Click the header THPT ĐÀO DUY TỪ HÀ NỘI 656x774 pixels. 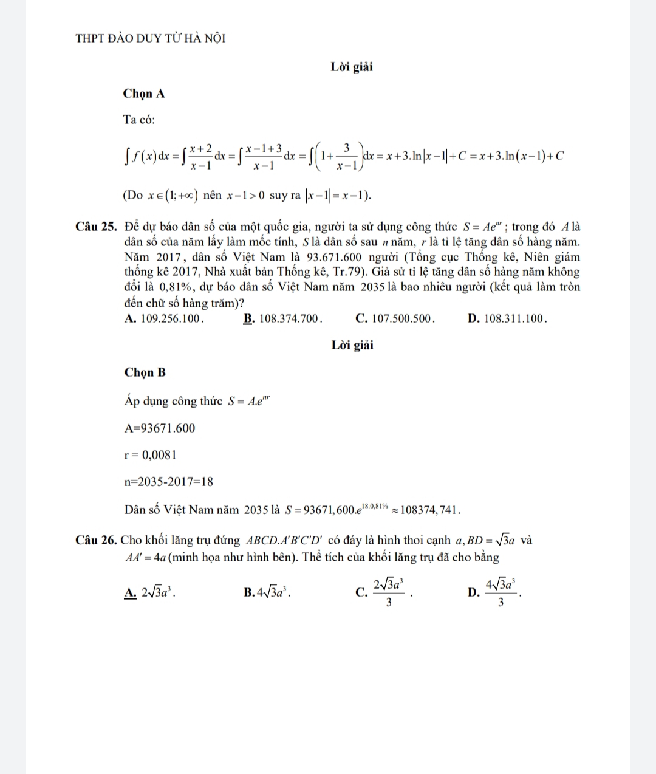[151, 38]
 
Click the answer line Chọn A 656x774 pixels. [144, 94]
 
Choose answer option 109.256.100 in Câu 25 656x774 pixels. [164, 318]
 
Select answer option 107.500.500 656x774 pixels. [395, 318]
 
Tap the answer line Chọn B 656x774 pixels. [145, 372]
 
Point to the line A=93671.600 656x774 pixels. [160, 428]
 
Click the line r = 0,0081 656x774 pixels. [150, 455]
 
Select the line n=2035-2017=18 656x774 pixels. [168, 482]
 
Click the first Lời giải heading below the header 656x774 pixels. [352, 67]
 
